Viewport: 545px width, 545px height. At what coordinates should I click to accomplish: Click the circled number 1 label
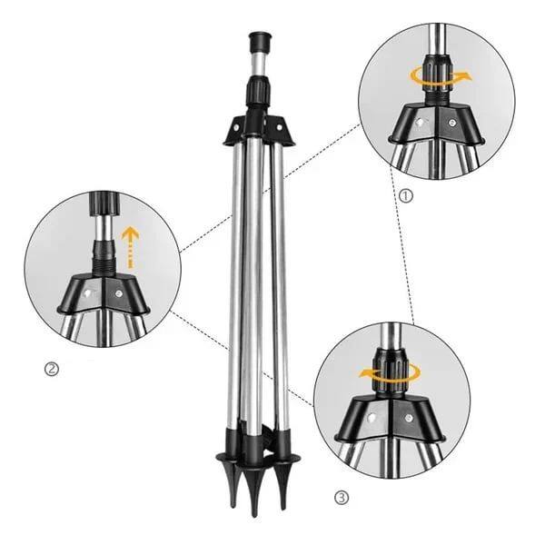[x=405, y=194]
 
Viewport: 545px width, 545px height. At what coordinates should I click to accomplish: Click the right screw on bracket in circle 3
[x=410, y=419]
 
